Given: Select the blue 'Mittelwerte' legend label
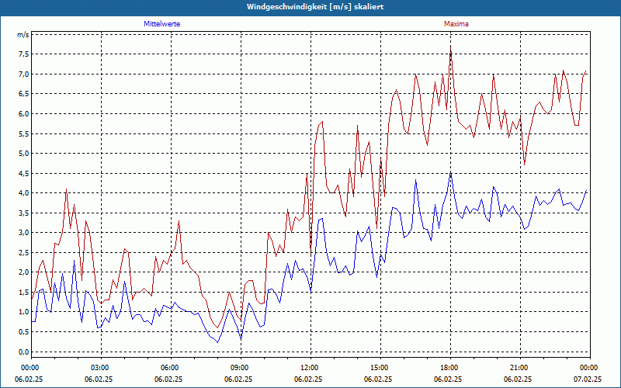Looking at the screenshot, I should point(162,24).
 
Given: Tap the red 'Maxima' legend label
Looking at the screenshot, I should point(456,24).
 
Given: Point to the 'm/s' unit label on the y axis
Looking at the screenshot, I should point(23,35).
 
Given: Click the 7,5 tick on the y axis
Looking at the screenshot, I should point(23,54).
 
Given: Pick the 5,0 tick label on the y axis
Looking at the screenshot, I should point(23,154).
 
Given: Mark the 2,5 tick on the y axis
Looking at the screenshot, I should point(23,252).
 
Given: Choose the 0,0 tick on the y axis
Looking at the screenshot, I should point(23,352).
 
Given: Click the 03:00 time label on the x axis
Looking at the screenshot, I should point(100,367).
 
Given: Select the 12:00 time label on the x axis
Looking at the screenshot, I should point(310,367).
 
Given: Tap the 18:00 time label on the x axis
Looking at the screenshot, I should point(449,367).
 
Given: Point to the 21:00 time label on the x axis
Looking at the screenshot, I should point(519,367).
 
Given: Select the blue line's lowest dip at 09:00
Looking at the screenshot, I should point(241,339).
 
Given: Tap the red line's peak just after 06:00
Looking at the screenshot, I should point(179,221).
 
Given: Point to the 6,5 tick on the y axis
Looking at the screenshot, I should point(23,94).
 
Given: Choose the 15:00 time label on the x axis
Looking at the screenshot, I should point(380,367).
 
